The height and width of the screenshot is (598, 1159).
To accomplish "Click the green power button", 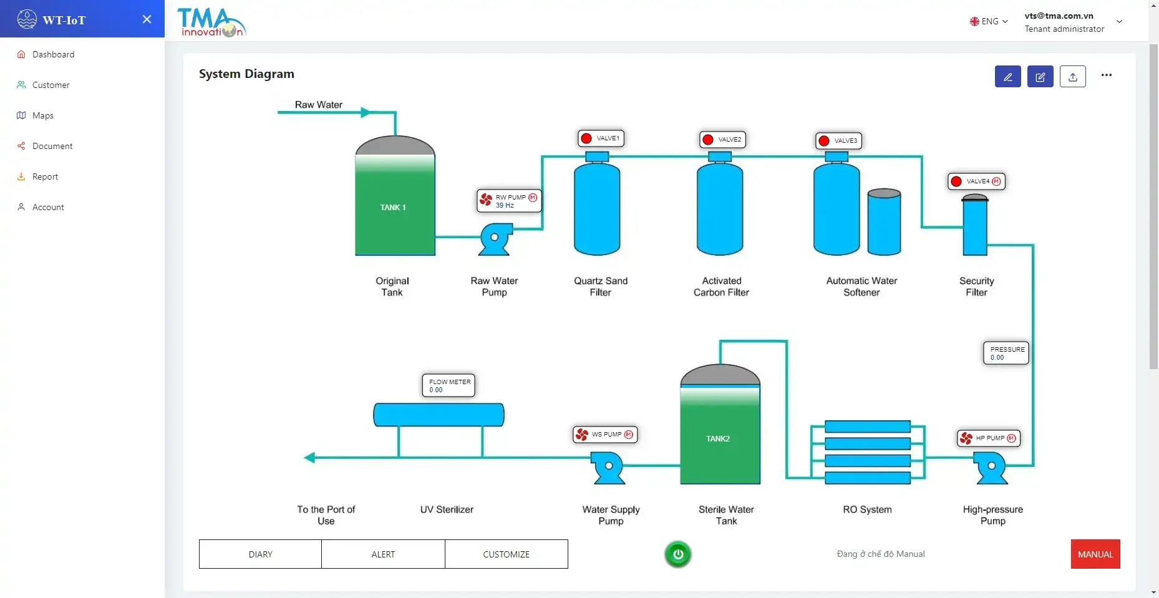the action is pyautogui.click(x=678, y=554).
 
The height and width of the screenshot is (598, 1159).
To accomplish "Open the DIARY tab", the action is pyautogui.click(x=260, y=554).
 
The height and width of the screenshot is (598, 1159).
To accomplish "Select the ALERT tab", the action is pyautogui.click(x=383, y=554).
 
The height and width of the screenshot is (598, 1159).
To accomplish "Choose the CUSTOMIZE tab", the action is pyautogui.click(x=506, y=554).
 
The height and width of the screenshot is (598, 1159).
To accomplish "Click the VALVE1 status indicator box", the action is pyautogui.click(x=601, y=138).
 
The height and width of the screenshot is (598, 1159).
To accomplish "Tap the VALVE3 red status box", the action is pyautogui.click(x=838, y=141).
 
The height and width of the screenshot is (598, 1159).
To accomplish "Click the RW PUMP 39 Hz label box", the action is pyautogui.click(x=509, y=201).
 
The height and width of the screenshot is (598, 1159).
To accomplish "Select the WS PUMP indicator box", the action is pyautogui.click(x=605, y=435).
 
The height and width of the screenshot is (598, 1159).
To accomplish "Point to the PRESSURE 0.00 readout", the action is pyautogui.click(x=1006, y=353).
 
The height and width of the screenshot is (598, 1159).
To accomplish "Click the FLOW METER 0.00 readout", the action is pyautogui.click(x=449, y=385).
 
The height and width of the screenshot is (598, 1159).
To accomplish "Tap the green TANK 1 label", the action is pyautogui.click(x=393, y=208).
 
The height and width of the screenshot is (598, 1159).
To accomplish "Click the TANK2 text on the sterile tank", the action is pyautogui.click(x=718, y=439).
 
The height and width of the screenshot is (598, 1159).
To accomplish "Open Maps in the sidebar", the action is pyautogui.click(x=43, y=115).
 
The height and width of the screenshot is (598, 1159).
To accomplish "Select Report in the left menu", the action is pyautogui.click(x=45, y=176).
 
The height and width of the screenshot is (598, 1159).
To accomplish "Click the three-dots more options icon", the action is pyautogui.click(x=1107, y=75).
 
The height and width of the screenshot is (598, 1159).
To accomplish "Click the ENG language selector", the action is pyautogui.click(x=989, y=21).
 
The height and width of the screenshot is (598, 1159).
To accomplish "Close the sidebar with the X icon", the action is pyautogui.click(x=147, y=19).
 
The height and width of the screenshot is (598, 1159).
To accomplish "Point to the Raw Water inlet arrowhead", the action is pyautogui.click(x=366, y=113).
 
